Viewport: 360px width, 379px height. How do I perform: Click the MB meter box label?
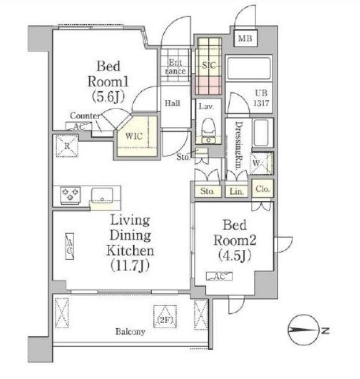tap(245, 38)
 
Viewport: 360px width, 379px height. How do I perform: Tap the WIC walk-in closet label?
tap(134, 136)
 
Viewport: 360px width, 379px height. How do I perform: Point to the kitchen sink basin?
tap(102, 196)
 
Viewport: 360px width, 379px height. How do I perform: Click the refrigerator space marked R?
tap(67, 146)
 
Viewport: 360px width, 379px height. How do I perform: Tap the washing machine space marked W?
tap(262, 163)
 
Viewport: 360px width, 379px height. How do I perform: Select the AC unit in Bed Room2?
tap(219, 276)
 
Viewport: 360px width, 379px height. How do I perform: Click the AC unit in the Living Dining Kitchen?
tap(69, 246)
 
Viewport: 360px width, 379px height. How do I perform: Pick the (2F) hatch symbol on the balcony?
tap(165, 316)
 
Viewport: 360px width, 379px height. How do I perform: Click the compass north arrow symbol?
tap(303, 330)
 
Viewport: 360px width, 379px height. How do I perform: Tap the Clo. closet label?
tap(263, 189)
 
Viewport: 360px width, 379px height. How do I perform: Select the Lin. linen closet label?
tap(236, 192)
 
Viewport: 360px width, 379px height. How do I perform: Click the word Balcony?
tap(130, 332)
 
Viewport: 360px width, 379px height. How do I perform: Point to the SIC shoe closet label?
tap(209, 65)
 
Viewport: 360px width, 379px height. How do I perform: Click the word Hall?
tap(172, 104)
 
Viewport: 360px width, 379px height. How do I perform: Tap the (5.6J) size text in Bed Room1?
tap(108, 97)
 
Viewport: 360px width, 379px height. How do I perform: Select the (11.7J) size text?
tap(130, 265)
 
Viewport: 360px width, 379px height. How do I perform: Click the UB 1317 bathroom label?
tap(261, 98)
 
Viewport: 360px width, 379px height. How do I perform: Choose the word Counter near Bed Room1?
tap(86, 116)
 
